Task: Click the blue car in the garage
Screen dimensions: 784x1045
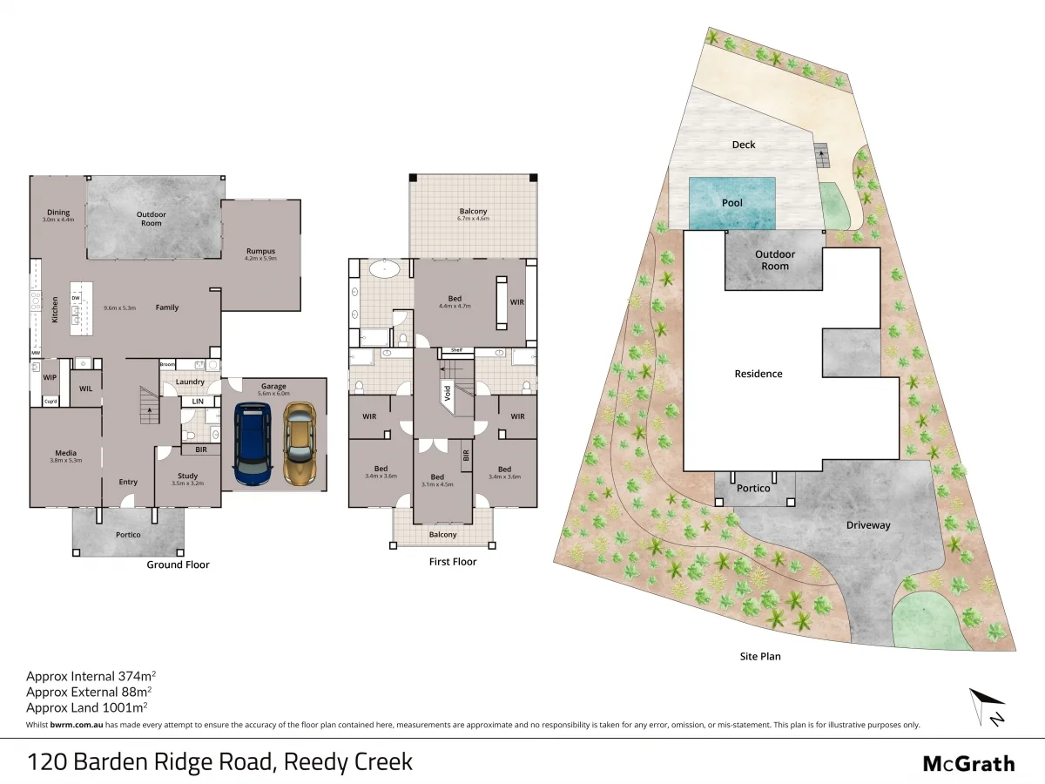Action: [254, 443]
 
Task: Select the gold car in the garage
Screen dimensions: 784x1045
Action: [299, 443]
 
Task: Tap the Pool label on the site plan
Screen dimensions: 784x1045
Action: [732, 203]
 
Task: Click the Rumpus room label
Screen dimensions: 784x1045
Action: [260, 252]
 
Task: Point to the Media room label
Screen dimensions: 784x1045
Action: [66, 453]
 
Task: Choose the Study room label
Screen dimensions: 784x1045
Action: [188, 476]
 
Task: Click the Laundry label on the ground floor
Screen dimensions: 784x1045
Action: [190, 382]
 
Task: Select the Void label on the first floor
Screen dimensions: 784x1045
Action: [448, 393]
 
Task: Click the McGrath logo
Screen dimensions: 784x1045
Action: [968, 764]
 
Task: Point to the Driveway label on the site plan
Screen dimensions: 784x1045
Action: [868, 525]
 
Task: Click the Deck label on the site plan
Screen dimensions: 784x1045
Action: [744, 145]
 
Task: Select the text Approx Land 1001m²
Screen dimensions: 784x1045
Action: [87, 707]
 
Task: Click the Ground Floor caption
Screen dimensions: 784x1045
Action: [178, 564]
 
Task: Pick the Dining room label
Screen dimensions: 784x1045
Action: [58, 213]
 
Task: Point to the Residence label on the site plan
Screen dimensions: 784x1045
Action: [758, 374]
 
